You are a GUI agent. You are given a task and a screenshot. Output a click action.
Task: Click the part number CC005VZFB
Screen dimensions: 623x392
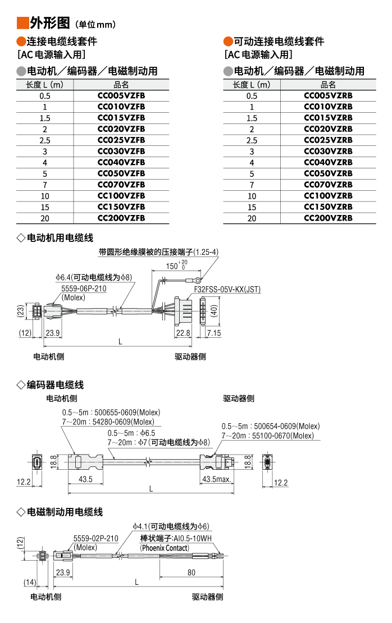(x=121, y=95)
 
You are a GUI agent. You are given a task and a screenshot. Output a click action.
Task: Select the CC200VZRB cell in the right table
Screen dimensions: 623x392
(x=328, y=218)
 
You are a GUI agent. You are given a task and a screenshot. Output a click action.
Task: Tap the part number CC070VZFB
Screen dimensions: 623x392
(x=121, y=185)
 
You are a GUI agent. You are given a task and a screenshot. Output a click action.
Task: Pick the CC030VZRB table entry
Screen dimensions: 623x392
(x=328, y=151)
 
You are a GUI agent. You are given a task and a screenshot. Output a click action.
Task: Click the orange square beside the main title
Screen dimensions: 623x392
(x=22, y=23)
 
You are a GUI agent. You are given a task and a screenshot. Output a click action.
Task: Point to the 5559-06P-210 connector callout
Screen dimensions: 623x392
(x=84, y=288)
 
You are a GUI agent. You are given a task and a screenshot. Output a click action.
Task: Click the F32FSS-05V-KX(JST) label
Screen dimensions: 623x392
(x=227, y=290)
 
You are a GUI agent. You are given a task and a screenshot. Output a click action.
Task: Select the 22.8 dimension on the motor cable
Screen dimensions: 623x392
(x=183, y=333)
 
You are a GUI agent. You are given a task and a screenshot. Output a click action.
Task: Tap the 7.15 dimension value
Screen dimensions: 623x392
(x=214, y=333)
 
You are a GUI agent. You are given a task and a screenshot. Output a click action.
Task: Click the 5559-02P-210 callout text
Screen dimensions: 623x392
(x=96, y=538)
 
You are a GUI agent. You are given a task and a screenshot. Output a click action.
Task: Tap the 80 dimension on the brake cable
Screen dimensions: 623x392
(x=192, y=572)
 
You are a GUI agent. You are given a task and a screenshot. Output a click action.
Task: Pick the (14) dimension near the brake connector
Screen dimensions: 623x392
(x=30, y=582)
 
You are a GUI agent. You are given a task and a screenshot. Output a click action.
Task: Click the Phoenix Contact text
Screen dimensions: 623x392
(x=165, y=548)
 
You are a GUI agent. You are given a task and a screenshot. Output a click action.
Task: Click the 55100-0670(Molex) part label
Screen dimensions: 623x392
(x=286, y=436)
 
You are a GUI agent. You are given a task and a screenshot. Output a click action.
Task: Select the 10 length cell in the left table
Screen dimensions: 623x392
(x=45, y=196)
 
